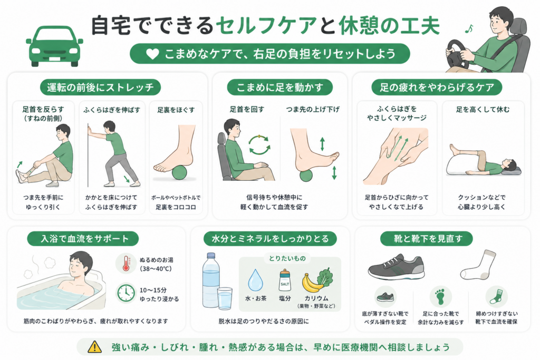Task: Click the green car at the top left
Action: click(x=54, y=46)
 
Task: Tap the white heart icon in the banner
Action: click(x=152, y=54)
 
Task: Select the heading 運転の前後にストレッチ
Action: click(x=100, y=87)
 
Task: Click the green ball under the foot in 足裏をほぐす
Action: click(x=179, y=172)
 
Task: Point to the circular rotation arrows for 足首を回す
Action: click(x=259, y=145)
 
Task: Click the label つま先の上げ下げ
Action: click(x=313, y=110)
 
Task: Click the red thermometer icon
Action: click(x=127, y=264)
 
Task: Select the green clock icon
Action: click(x=126, y=293)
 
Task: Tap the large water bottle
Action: click(x=211, y=280)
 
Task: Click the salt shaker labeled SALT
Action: click(x=285, y=280)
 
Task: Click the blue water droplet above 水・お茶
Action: click(x=256, y=280)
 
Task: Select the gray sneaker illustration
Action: click(x=396, y=267)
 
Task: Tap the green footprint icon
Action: click(x=440, y=297)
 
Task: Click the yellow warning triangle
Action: click(x=94, y=347)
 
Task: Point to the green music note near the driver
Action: click(x=469, y=29)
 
